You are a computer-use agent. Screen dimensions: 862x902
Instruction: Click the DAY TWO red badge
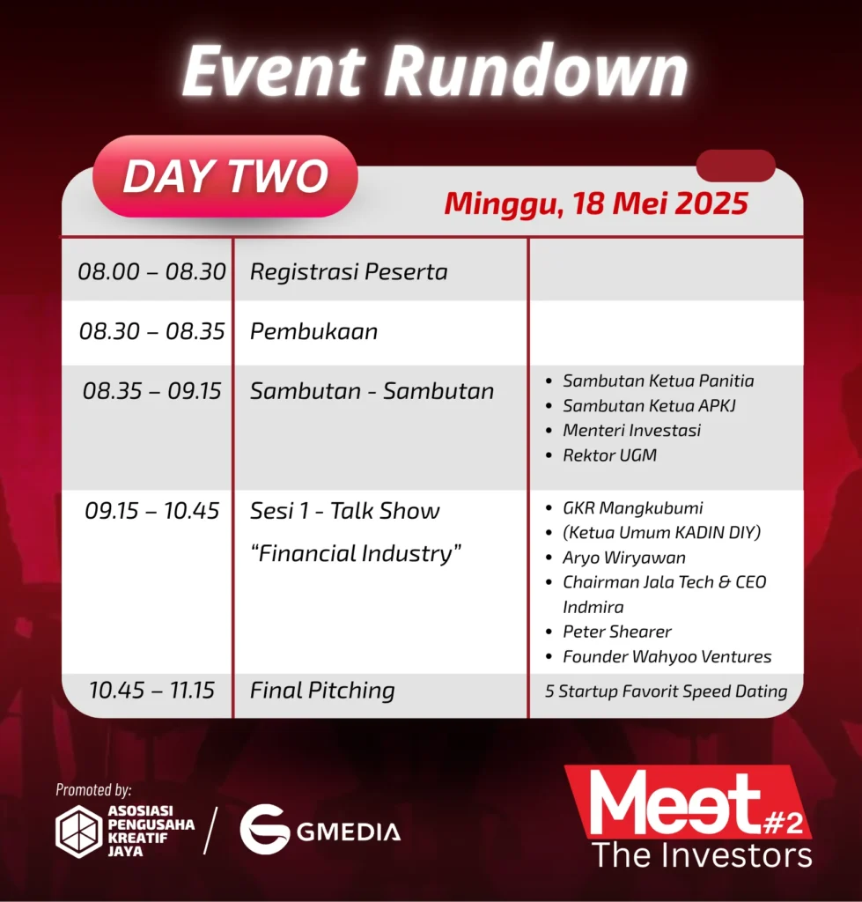225,176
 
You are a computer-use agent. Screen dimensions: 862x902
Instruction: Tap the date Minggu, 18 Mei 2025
596,203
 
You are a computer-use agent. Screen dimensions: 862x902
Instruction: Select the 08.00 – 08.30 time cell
151,271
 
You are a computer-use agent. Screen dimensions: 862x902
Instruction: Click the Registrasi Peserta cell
349,272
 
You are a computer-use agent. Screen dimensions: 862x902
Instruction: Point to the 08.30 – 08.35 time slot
151,331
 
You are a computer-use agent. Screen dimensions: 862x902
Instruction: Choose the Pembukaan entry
314,331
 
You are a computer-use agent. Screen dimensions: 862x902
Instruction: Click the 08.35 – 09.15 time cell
151,391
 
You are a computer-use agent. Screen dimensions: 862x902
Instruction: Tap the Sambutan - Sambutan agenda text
372,391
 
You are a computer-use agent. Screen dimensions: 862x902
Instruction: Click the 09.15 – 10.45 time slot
151,511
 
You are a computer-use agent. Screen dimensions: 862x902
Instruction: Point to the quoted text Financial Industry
356,553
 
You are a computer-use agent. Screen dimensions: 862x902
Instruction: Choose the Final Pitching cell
322,691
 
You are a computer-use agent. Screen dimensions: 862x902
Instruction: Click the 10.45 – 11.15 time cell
151,691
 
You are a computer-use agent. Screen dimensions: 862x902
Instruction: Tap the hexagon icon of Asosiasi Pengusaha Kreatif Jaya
78,832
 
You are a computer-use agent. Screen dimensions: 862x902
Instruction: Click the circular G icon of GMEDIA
264,830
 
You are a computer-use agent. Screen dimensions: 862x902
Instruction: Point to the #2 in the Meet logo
783,824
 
